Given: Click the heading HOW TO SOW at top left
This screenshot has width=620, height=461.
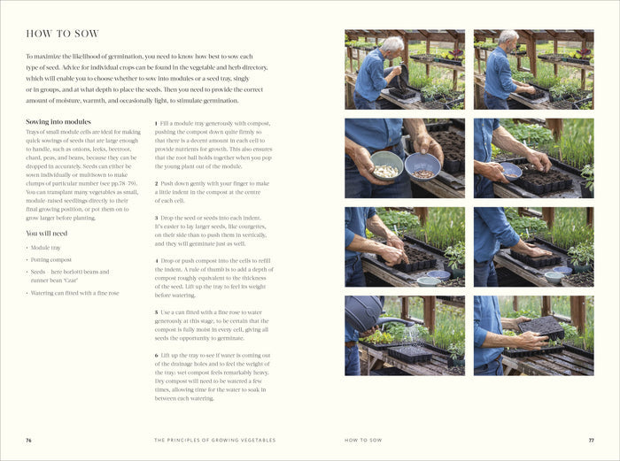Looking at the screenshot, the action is (62, 34).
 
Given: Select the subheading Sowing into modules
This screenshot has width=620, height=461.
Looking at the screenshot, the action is (58, 122).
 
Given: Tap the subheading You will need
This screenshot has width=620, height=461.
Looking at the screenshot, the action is (47, 233).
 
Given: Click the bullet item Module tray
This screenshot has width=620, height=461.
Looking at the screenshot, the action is (46, 248).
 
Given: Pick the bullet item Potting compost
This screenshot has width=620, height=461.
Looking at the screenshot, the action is (51, 260).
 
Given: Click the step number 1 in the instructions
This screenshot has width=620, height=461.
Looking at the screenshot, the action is (156, 124).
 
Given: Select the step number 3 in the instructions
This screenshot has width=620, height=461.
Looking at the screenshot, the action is (156, 218).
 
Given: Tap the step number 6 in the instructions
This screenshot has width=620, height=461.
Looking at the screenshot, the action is (156, 356).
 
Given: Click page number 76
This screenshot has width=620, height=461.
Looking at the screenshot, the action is (28, 440).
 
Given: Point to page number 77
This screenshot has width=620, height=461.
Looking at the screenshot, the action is (591, 440).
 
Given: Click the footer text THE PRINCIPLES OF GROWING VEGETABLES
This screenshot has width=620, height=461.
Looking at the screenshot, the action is (214, 440).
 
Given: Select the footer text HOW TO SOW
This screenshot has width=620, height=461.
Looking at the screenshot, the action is (363, 440).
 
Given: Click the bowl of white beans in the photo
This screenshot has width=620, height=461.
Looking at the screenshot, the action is (386, 166).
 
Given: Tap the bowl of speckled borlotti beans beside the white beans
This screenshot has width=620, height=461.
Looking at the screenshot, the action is (422, 166).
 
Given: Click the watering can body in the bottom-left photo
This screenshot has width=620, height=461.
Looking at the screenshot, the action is (363, 312).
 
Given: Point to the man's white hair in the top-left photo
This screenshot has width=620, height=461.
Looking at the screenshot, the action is (391, 43).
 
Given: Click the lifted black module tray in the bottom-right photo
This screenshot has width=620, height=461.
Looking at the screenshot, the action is (541, 327).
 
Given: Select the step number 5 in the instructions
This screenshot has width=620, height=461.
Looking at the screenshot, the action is (156, 312).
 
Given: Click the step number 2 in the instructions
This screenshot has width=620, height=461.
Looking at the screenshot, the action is (156, 184).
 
